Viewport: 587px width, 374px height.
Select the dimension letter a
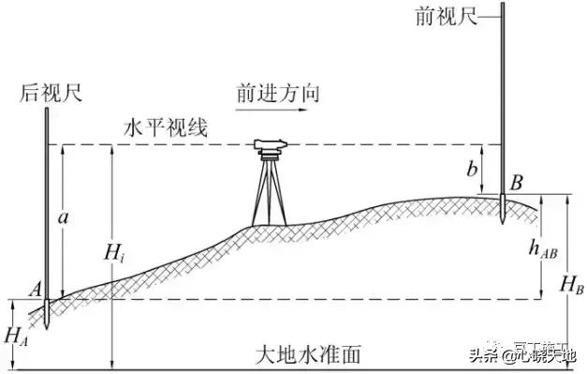click(x=63, y=217)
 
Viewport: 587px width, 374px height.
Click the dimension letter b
click(x=474, y=170)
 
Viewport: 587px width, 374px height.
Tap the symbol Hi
click(x=113, y=250)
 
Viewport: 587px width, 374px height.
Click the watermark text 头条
click(x=483, y=355)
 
